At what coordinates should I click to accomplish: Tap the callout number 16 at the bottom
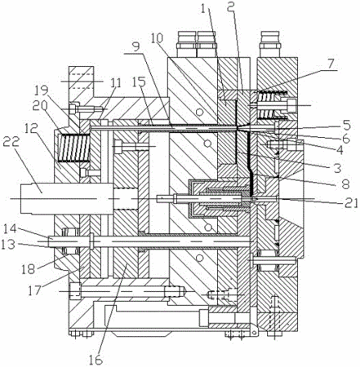pos(96,360)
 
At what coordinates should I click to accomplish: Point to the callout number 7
pos(331,64)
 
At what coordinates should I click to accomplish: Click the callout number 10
pos(157,38)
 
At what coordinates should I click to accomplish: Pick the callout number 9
pos(136,46)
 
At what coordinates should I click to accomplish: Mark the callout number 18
pos(29,269)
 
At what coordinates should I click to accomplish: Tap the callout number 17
pos(35,290)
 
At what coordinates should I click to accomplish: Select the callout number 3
pos(337,169)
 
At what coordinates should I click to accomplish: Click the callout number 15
pos(140,82)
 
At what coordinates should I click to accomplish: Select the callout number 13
pos(9,245)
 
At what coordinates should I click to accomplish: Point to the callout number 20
pos(40,104)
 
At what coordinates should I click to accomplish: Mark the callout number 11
pos(117,83)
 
